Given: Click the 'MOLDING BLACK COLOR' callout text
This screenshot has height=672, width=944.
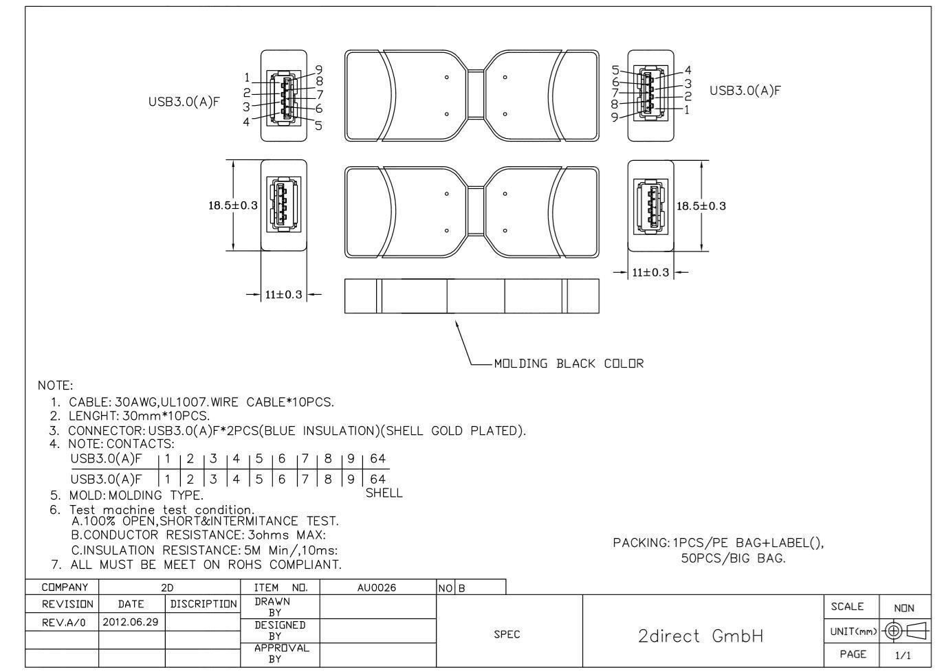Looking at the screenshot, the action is (569, 363).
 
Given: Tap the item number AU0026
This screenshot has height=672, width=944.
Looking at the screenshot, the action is (377, 587).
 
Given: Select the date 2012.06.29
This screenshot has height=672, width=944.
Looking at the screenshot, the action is (130, 622).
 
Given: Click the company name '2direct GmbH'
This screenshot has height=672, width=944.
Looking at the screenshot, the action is (701, 636).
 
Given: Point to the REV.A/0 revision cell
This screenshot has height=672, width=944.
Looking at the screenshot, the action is (64, 623).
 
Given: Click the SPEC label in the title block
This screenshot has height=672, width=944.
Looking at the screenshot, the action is (507, 634).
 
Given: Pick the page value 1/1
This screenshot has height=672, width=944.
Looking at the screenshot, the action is (903, 655).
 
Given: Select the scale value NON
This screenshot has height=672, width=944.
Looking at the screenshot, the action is (904, 608).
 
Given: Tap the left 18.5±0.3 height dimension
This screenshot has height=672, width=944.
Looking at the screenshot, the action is (232, 205).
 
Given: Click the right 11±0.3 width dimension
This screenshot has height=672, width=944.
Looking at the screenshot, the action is (650, 272).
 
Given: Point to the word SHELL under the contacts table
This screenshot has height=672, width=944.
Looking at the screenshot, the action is (384, 493).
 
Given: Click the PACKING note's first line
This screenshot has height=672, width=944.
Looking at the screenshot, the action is (718, 543).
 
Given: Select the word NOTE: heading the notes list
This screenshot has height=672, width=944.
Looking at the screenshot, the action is (55, 385).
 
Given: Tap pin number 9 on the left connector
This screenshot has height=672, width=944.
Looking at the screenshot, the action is (319, 69).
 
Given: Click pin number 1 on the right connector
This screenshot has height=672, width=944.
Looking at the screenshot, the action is (686, 110).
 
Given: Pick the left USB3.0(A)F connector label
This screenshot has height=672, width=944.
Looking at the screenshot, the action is (184, 102).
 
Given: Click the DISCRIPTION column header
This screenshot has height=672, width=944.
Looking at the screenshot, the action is (203, 604).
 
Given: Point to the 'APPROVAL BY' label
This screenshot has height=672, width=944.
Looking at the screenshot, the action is (281, 653).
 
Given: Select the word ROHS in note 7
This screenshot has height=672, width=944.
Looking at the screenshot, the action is (245, 565).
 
